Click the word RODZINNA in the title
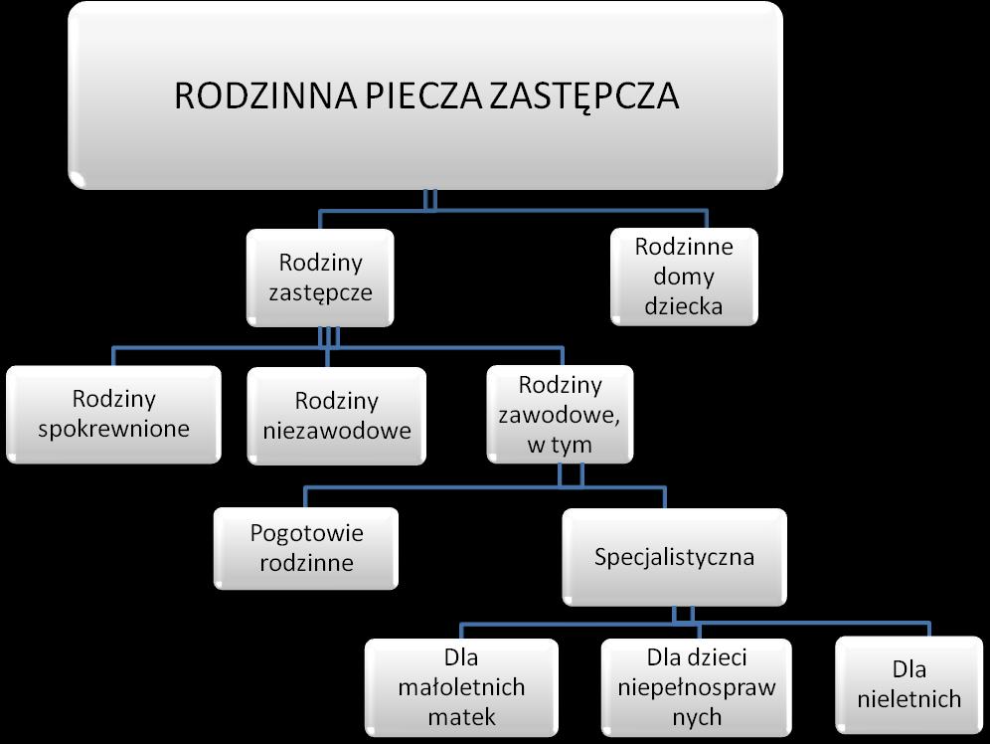tap(265, 96)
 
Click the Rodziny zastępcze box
tap(320, 278)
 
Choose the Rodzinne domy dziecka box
tap(685, 277)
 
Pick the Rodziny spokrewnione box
tap(113, 415)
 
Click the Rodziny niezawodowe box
tap(337, 416)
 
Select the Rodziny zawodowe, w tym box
tap(560, 415)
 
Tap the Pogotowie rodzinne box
tap(306, 548)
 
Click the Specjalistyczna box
tap(674, 557)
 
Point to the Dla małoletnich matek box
tap(461, 687)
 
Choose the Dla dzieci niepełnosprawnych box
tap(697, 687)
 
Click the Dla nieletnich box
tap(909, 685)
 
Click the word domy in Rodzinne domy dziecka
tap(684, 278)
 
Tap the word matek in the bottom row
tap(461, 717)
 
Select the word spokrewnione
tap(113, 430)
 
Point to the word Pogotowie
tap(307, 534)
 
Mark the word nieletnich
tap(909, 699)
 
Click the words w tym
tap(560, 446)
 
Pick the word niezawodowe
tap(337, 432)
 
